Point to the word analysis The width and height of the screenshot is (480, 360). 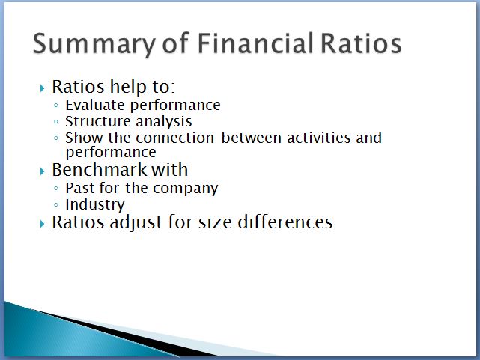(164, 122)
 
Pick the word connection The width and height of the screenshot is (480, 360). (174, 138)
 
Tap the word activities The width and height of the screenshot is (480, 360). (319, 138)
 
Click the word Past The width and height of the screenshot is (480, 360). (80, 188)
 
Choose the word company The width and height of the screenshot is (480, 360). (186, 189)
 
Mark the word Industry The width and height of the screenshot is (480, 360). (95, 205)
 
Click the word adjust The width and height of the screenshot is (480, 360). (136, 222)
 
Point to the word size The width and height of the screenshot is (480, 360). (215, 222)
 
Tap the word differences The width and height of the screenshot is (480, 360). (285, 222)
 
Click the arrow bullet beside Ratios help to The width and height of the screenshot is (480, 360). (42, 88)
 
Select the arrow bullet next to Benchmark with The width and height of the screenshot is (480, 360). (42, 171)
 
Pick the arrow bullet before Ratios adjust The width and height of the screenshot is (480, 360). (42, 224)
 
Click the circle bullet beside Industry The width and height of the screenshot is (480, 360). (55, 204)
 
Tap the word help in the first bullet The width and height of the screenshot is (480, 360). (128, 87)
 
